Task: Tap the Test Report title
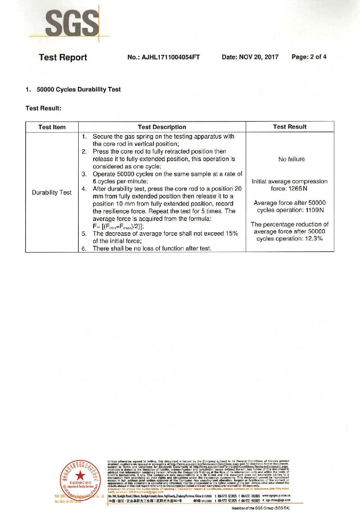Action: (x=63, y=57)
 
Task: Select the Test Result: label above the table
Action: (x=44, y=108)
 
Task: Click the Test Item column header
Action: (x=52, y=127)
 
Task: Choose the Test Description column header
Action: (x=162, y=127)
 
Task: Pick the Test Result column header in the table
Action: (x=290, y=127)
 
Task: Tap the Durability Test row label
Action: (x=52, y=193)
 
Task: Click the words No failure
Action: (x=292, y=159)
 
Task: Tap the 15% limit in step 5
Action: (x=230, y=234)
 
